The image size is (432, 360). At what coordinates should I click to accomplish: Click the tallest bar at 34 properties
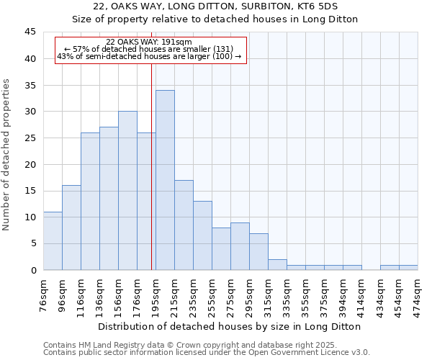[165, 180]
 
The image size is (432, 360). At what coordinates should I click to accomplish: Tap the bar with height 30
[127, 191]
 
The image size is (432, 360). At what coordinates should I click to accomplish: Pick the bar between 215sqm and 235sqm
[184, 225]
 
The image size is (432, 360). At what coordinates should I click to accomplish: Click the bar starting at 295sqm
[258, 251]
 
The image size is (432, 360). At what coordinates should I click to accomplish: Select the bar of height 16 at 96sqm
[71, 228]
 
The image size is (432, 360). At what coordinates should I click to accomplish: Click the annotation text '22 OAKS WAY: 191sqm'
[148, 42]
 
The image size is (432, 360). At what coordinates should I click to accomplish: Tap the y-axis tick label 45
[30, 32]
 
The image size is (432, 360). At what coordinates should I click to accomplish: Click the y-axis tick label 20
[30, 164]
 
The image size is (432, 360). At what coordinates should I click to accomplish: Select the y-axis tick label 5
[33, 243]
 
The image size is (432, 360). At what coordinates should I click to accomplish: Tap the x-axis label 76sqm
[44, 294]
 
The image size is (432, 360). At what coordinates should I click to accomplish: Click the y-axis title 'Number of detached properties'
[7, 154]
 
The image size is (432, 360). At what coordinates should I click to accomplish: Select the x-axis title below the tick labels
[230, 326]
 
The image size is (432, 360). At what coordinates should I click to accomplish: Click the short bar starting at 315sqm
[277, 264]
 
